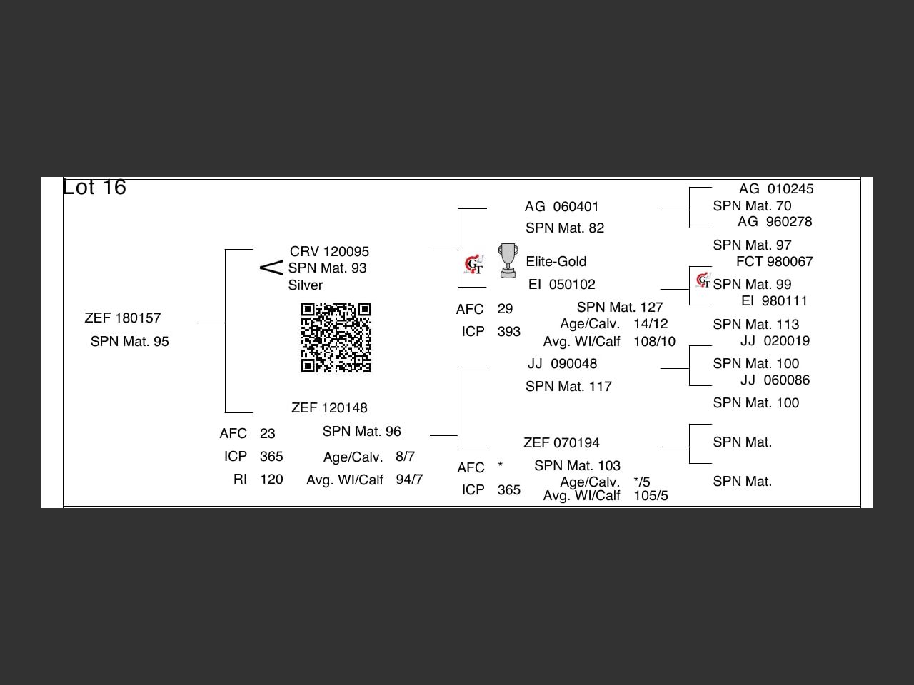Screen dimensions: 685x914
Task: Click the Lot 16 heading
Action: pyautogui.click(x=94, y=187)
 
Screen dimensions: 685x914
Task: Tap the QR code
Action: pyautogui.click(x=336, y=338)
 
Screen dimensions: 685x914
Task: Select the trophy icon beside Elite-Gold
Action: pyautogui.click(x=508, y=260)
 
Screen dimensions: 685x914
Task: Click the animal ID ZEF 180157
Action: pyautogui.click(x=123, y=318)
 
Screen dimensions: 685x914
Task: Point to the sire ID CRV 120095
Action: pyautogui.click(x=329, y=252)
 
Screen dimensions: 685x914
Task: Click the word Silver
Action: pyautogui.click(x=306, y=285)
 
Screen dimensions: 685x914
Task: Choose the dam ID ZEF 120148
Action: pyautogui.click(x=329, y=408)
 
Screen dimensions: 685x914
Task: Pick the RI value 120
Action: pyautogui.click(x=271, y=479)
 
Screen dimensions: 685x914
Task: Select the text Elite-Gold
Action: pyautogui.click(x=556, y=262)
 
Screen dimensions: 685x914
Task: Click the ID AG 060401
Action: pyautogui.click(x=561, y=207)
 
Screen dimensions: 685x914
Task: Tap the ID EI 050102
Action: pyautogui.click(x=561, y=285)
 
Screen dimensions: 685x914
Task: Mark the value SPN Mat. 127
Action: pyautogui.click(x=620, y=308)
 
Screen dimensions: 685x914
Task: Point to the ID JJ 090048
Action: pyautogui.click(x=562, y=364)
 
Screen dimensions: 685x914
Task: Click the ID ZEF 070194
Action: pyautogui.click(x=561, y=443)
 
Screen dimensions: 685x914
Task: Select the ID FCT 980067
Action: pyautogui.click(x=774, y=262)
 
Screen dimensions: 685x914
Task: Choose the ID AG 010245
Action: pyautogui.click(x=775, y=189)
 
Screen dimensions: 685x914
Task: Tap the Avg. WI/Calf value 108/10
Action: pyautogui.click(x=654, y=342)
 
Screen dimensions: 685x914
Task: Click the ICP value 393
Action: pyautogui.click(x=508, y=332)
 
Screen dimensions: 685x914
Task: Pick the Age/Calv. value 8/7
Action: pyautogui.click(x=405, y=457)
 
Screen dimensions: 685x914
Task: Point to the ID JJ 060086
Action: pyautogui.click(x=775, y=380)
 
